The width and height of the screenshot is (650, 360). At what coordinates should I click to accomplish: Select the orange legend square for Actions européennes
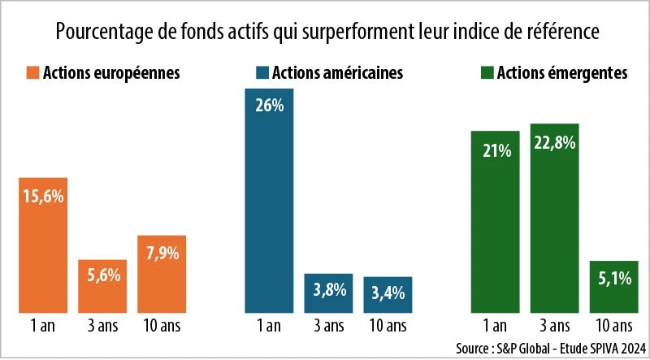tap(32, 73)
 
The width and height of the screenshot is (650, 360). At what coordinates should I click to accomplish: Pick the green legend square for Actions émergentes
tap(483, 73)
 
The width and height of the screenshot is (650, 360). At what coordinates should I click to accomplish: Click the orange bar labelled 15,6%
tap(43, 245)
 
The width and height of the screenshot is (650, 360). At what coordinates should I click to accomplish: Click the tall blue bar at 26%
tap(269, 200)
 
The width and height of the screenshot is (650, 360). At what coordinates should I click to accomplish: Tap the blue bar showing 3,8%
tap(328, 293)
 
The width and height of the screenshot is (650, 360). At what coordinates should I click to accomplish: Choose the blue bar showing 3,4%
tap(388, 294)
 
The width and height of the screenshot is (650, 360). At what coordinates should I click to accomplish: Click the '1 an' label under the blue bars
tap(269, 327)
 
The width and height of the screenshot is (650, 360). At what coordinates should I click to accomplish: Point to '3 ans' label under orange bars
tap(103, 327)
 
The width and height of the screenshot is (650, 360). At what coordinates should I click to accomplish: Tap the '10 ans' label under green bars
tap(615, 327)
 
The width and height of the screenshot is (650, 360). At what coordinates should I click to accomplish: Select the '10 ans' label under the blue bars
tap(388, 327)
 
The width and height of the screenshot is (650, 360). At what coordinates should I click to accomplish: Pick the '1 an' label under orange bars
tap(43, 327)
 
